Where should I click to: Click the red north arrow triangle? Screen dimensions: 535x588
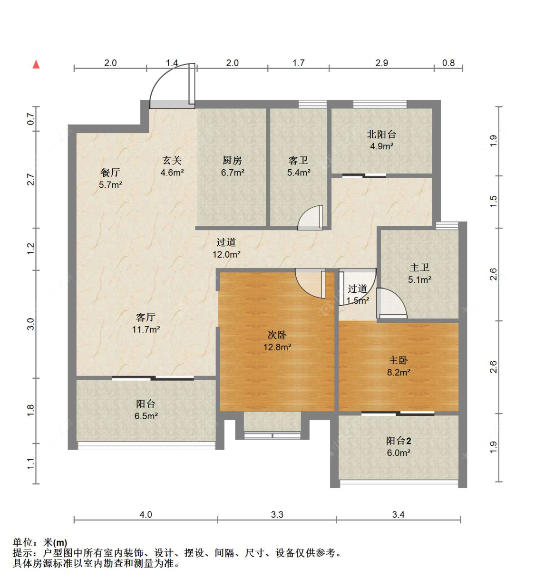pos(36,64)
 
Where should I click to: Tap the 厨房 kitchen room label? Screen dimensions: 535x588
pos(232,160)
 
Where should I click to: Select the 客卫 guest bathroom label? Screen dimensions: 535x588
pos(298,160)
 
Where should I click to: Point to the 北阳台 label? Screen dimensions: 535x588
pos(381,134)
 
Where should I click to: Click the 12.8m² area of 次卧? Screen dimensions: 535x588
pos(277,347)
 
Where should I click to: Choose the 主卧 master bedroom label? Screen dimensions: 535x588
pos(399,360)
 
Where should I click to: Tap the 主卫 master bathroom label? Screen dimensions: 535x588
pos(419,267)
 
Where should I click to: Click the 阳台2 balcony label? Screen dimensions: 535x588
pos(399,441)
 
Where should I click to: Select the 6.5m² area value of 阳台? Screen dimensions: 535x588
pos(146,416)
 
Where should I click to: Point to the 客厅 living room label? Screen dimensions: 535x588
pos(146,317)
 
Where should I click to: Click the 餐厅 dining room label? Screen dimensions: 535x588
pos(110,173)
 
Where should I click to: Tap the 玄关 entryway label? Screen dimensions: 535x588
pos(172,160)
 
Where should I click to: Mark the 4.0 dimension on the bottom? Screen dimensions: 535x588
pos(146,514)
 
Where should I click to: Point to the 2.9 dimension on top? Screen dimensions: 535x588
pos(381,63)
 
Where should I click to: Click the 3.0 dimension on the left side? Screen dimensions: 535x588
pos(31,324)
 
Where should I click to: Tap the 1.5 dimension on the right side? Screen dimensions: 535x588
pos(494,202)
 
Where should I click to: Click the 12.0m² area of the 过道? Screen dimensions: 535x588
pos(226,254)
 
